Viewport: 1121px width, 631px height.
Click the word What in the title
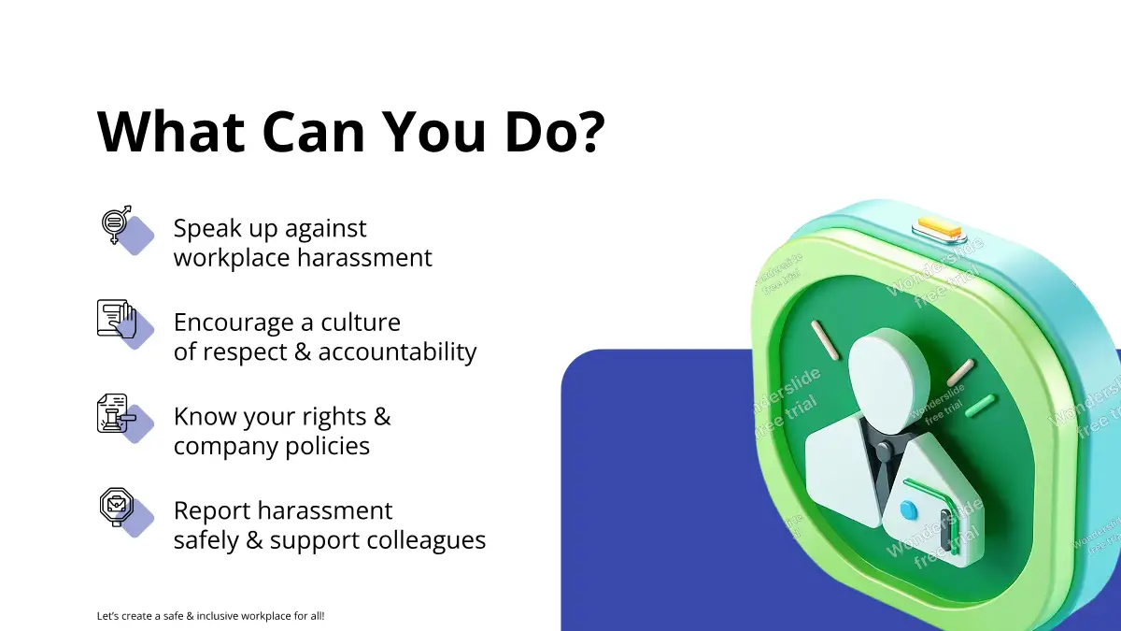click(x=171, y=131)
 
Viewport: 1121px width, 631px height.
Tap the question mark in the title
click(x=593, y=131)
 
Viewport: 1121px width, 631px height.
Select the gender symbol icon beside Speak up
click(x=117, y=224)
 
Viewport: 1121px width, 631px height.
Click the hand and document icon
click(x=117, y=319)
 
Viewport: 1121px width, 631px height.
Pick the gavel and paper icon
click(x=117, y=412)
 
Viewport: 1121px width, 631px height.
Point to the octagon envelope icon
click(x=117, y=507)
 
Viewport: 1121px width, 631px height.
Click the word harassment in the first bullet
click(x=365, y=258)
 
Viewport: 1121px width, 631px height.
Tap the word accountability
click(x=397, y=352)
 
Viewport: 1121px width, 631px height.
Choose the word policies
click(x=327, y=447)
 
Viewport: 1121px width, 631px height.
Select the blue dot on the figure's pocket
click(x=908, y=510)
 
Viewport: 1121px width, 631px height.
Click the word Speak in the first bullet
click(x=207, y=229)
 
